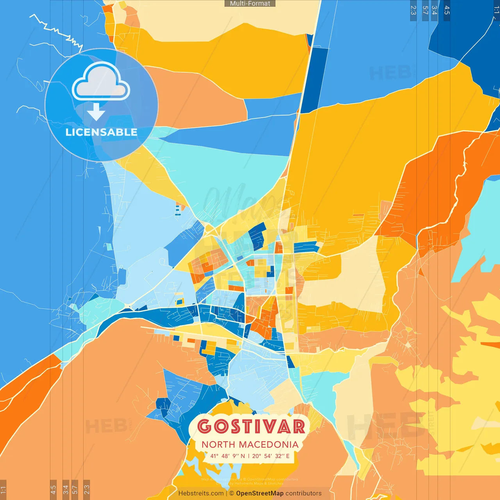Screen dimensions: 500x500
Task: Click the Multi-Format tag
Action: [x=250, y=4]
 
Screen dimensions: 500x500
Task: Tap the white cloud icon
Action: [x=101, y=82]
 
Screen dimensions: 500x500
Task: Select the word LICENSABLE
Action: [x=101, y=132]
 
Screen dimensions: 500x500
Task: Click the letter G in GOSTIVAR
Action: [x=205, y=427]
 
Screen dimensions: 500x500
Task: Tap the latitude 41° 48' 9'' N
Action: [x=227, y=456]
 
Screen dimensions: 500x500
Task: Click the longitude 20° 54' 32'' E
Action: [x=271, y=456]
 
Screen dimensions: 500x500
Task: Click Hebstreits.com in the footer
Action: [x=201, y=493]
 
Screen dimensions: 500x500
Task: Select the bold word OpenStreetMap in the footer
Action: [x=259, y=493]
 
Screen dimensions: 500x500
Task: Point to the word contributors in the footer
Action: [x=304, y=493]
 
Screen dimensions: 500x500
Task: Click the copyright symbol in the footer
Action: [x=232, y=493]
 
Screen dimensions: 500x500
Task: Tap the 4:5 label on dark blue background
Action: [x=447, y=10]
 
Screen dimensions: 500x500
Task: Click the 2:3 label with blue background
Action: [x=413, y=10]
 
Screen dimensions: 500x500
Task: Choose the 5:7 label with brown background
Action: [x=75, y=489]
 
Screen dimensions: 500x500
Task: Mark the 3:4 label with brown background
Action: [x=66, y=489]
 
